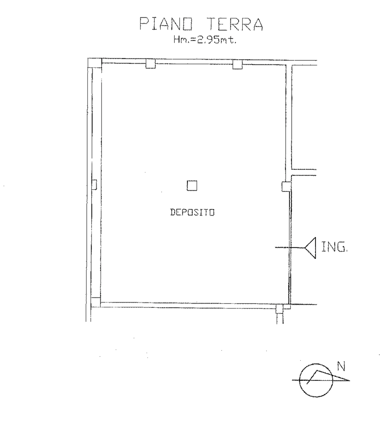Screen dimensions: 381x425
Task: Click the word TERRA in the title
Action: click(235, 24)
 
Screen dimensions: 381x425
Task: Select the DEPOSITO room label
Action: click(192, 212)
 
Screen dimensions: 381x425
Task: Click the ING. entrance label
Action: click(334, 247)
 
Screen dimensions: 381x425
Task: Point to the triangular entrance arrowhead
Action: click(310, 248)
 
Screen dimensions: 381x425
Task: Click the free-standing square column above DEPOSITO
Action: click(192, 186)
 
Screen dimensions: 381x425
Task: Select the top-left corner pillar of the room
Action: click(95, 63)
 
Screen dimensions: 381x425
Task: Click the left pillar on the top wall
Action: click(151, 64)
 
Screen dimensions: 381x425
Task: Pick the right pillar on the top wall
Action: click(238, 64)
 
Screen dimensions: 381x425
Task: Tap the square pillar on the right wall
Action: click(286, 187)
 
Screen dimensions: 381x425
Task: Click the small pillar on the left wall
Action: click(94, 185)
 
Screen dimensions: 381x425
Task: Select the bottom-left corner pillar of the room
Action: click(96, 302)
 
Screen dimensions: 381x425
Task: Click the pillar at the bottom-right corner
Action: click(279, 309)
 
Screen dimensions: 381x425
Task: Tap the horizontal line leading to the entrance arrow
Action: click(290, 248)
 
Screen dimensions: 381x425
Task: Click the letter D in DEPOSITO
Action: click(172, 212)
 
